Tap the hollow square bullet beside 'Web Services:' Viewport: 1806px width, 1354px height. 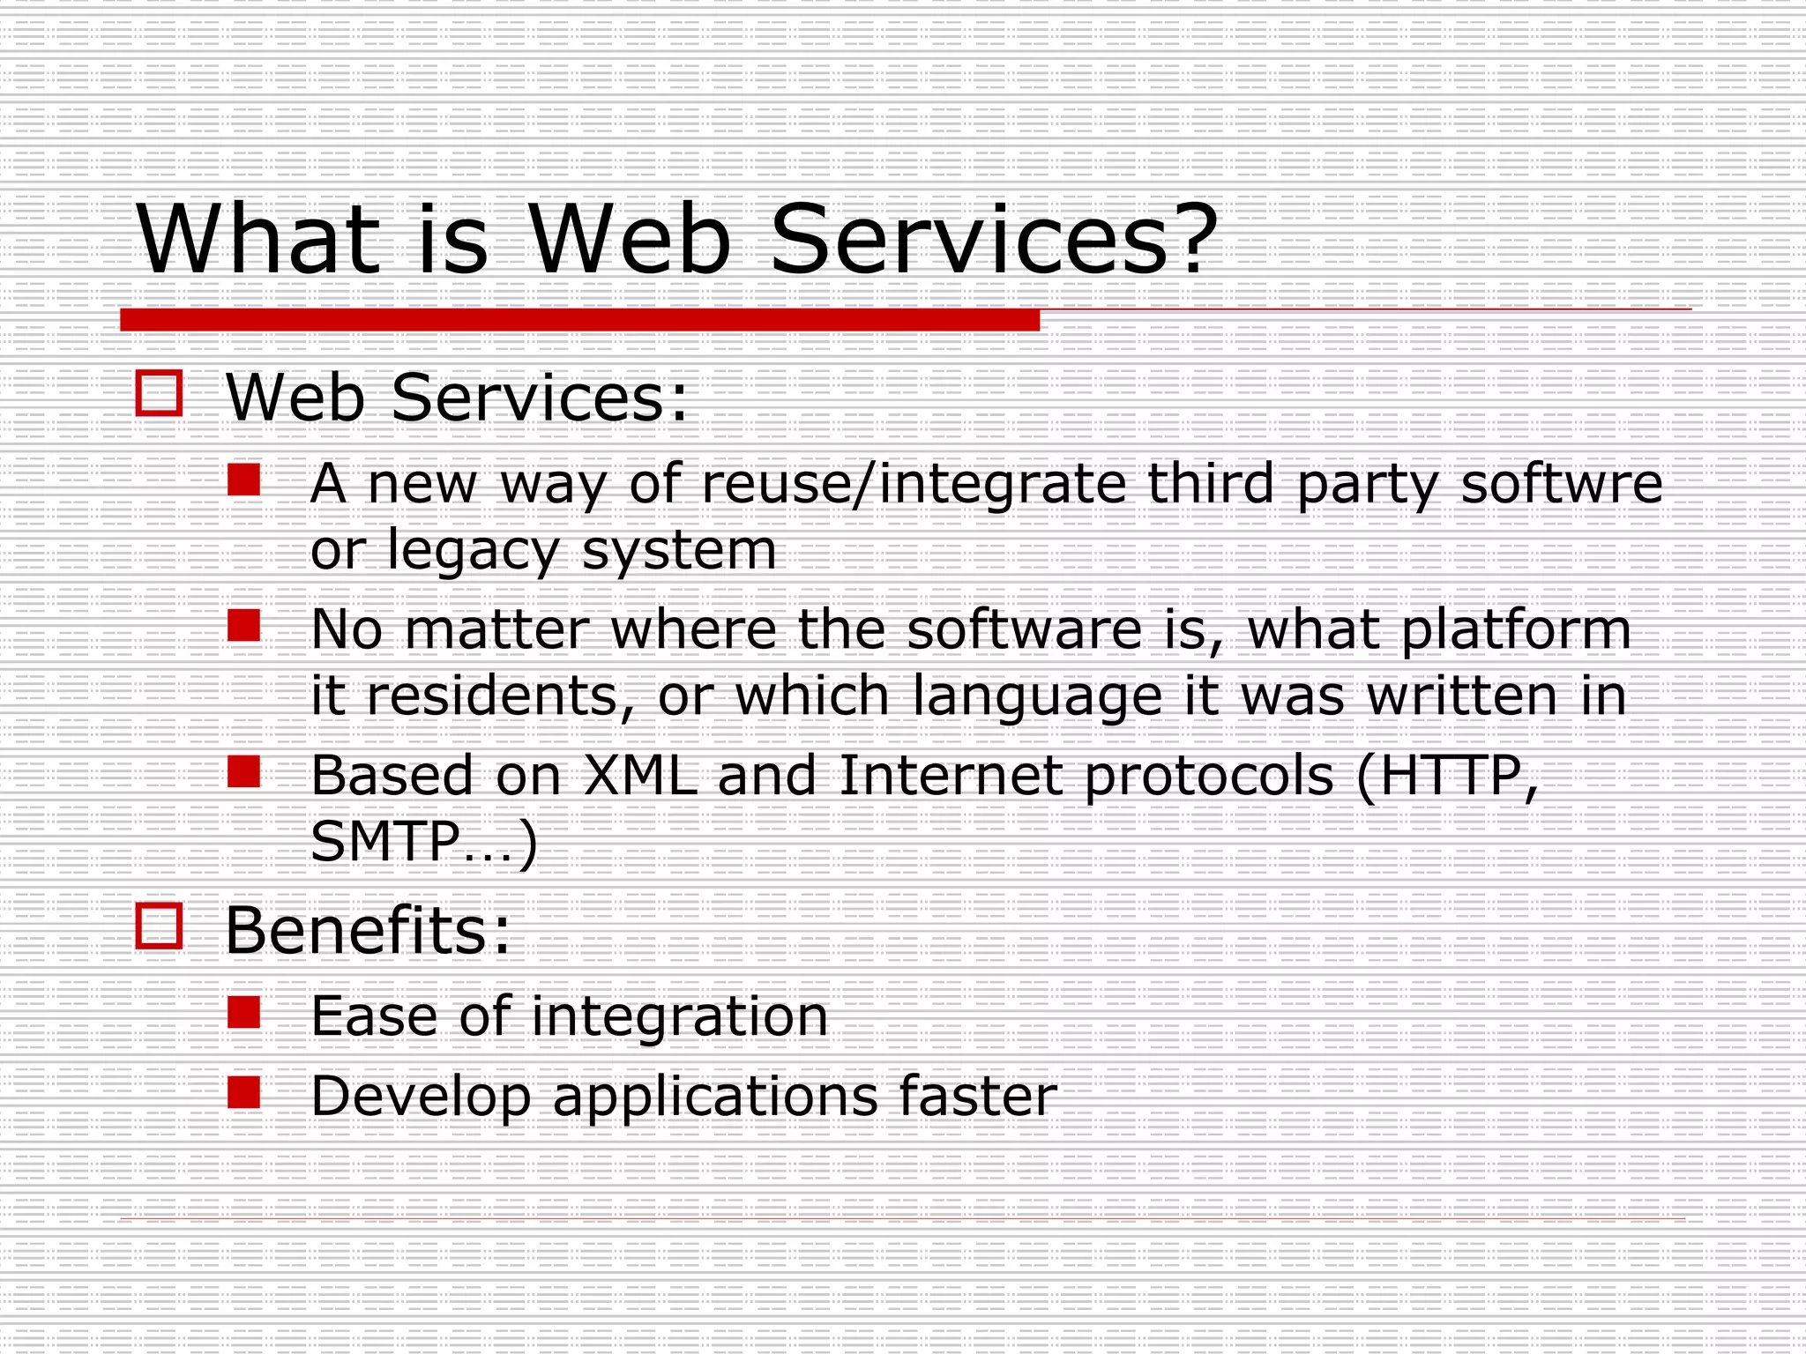(160, 393)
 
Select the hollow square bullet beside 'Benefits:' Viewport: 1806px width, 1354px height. (160, 926)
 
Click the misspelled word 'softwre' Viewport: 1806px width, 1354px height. (1561, 484)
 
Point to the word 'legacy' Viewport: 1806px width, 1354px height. (474, 552)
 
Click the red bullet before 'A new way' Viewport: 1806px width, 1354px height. (244, 480)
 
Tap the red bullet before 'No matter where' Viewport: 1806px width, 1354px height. (244, 626)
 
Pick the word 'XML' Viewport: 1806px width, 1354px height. (639, 776)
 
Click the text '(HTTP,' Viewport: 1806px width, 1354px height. (1447, 777)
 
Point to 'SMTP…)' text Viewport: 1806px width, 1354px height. (423, 843)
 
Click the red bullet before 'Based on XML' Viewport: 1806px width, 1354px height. (244, 772)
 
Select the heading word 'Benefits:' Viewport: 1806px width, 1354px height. (368, 930)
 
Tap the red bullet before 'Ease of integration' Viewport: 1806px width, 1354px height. (244, 1013)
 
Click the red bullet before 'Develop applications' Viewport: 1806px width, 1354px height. (244, 1093)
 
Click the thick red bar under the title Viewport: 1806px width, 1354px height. (579, 320)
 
